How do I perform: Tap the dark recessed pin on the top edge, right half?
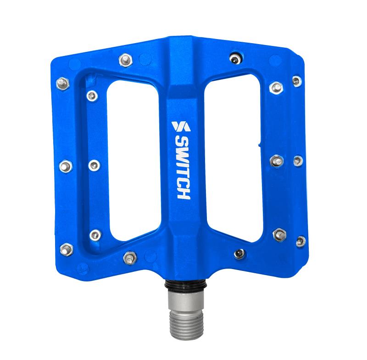pos(236,58)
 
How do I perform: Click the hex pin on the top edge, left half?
pos(125,59)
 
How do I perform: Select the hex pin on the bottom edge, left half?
pos(130,255)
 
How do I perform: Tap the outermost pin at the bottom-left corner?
pos(67,248)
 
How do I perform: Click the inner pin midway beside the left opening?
pos(94,164)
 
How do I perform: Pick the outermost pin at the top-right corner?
pos(297,82)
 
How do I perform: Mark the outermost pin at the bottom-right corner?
pos(300,241)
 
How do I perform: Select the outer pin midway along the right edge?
pos(298,161)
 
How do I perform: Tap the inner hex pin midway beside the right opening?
pos(276,161)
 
